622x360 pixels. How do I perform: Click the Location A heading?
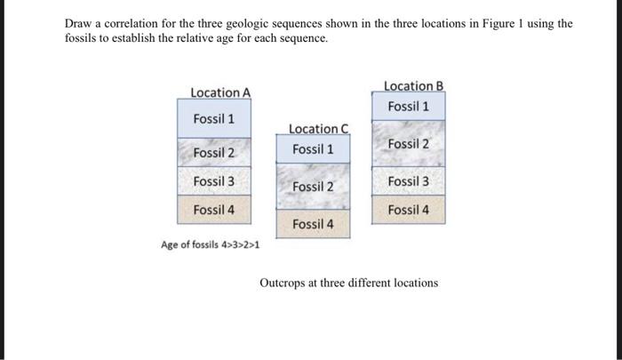tap(220, 92)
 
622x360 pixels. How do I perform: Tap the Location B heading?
tap(413, 86)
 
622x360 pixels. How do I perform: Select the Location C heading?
tap(319, 130)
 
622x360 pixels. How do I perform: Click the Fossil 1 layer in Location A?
tap(214, 119)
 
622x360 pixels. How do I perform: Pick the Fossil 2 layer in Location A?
tap(214, 153)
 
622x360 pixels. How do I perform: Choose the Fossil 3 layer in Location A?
tap(214, 181)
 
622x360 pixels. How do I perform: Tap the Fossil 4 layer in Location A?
tap(214, 210)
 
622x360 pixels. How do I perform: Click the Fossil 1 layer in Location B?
tap(408, 107)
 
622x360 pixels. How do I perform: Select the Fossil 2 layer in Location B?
tap(408, 144)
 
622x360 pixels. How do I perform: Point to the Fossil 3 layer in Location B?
tap(408, 181)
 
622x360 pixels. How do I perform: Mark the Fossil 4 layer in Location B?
tap(408, 210)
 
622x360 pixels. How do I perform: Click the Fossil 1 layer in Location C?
tap(313, 149)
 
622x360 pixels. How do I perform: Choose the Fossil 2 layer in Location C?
tap(313, 187)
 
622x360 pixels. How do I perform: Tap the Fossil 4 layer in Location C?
tap(313, 224)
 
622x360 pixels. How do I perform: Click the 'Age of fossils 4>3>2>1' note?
tap(211, 244)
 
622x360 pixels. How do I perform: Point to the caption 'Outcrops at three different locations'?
tap(348, 283)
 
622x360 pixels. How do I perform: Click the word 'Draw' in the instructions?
tap(79, 24)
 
